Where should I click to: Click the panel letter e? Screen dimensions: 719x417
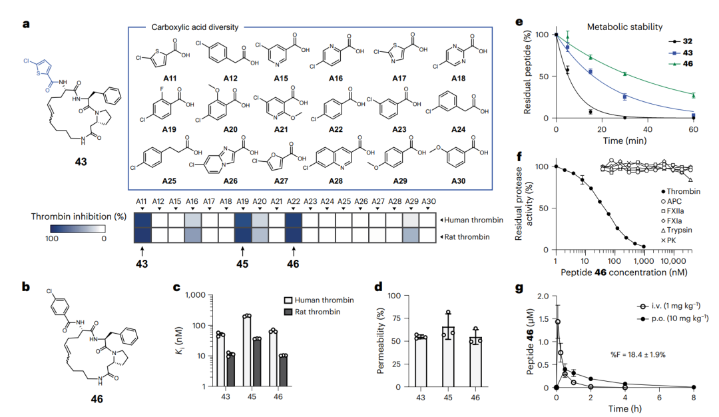(519, 22)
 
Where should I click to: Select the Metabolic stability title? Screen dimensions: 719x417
(624, 27)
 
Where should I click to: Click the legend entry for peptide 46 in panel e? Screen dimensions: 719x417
(680, 64)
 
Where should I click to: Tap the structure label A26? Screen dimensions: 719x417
(230, 181)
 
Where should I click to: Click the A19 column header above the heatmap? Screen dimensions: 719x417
(242, 201)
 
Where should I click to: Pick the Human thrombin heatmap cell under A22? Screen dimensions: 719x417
(293, 220)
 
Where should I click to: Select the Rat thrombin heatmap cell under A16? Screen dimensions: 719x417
(192, 235)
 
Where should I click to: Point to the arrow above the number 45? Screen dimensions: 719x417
(242, 250)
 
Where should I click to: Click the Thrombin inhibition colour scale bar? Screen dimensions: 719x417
(78, 228)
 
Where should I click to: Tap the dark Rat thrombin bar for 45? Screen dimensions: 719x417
(257, 362)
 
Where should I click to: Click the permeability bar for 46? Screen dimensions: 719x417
(475, 362)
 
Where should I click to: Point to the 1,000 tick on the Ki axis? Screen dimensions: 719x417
(195, 295)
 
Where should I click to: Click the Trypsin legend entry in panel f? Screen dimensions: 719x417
(676, 230)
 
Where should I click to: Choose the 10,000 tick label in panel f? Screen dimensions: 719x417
(672, 261)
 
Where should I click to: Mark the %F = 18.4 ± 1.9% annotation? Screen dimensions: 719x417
(638, 354)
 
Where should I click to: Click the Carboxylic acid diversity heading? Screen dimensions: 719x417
(195, 27)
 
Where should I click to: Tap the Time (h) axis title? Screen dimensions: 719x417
(624, 408)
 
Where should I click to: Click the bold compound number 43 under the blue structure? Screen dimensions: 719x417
(81, 161)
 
